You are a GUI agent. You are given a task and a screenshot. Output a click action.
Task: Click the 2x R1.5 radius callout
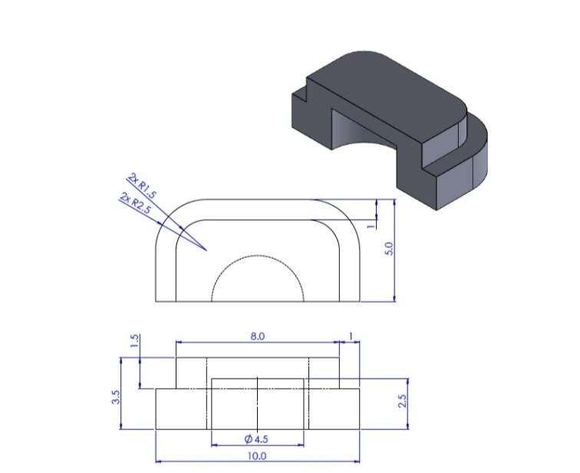tap(143, 186)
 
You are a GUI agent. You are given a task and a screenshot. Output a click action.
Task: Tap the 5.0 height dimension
tap(389, 250)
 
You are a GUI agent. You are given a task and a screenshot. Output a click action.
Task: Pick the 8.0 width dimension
tap(257, 336)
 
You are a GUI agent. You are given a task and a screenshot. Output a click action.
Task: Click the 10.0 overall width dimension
tap(257, 456)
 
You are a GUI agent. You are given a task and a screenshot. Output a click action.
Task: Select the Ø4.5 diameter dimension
tap(256, 439)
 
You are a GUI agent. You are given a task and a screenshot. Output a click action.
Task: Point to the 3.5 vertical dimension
tap(116, 398)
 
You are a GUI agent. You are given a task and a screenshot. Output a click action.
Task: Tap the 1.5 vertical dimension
tap(135, 342)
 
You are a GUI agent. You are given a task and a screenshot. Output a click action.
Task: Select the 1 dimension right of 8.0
tap(351, 336)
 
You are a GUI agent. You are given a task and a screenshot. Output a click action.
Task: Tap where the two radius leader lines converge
tap(206, 250)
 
